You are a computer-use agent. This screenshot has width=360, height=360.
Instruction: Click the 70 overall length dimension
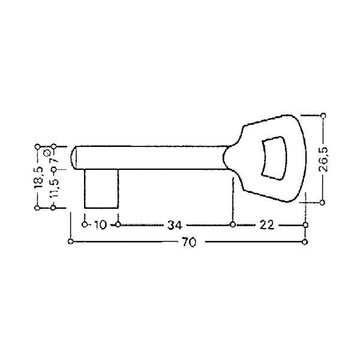(x=189, y=242)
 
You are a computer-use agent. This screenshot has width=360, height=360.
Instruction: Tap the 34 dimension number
(x=175, y=225)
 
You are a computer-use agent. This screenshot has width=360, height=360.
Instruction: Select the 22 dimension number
(x=267, y=225)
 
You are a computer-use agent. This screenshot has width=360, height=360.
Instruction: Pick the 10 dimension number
(x=101, y=225)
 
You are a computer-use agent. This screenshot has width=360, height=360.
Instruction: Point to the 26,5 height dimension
(x=323, y=159)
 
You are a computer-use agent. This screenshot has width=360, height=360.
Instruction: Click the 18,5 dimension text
(x=38, y=178)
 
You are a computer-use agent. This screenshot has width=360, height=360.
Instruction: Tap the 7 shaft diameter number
(x=55, y=160)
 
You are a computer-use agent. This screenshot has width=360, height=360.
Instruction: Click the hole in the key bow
(x=274, y=158)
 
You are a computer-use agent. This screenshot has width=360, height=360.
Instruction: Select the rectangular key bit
(x=101, y=189)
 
